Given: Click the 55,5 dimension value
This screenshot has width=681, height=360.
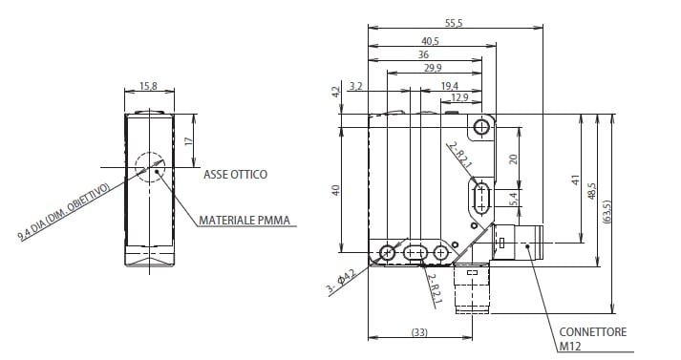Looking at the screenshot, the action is click(x=454, y=24).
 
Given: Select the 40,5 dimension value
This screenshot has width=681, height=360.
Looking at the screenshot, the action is click(x=430, y=41).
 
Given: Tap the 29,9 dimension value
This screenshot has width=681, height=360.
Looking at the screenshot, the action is click(x=433, y=68).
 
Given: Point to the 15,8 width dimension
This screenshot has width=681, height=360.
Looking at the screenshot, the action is click(x=148, y=86).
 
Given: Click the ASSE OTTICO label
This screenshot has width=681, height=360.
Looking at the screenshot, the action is click(x=235, y=175).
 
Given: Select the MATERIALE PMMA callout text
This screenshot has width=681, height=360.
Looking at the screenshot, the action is click(x=245, y=221).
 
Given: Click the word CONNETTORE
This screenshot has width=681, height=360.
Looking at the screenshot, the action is click(x=593, y=332).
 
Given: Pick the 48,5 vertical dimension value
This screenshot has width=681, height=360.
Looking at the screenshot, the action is click(x=592, y=191).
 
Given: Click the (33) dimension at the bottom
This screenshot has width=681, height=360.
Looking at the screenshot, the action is click(x=419, y=332).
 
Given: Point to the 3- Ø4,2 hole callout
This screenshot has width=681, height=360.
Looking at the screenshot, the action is click(x=341, y=283).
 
